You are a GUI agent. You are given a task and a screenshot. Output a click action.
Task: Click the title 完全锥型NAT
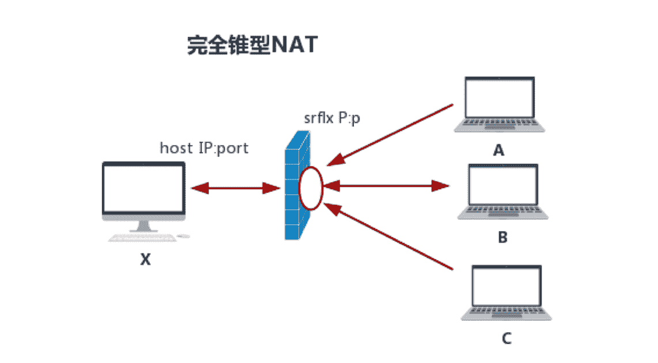(252, 45)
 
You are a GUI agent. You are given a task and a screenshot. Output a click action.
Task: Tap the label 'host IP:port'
(204, 148)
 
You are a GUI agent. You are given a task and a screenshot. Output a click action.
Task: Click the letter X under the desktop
(145, 260)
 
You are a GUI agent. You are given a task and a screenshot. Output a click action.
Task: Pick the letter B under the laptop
(502, 237)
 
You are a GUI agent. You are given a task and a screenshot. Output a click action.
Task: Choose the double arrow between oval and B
(386, 186)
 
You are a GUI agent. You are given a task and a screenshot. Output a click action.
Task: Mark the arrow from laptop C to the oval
(392, 239)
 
